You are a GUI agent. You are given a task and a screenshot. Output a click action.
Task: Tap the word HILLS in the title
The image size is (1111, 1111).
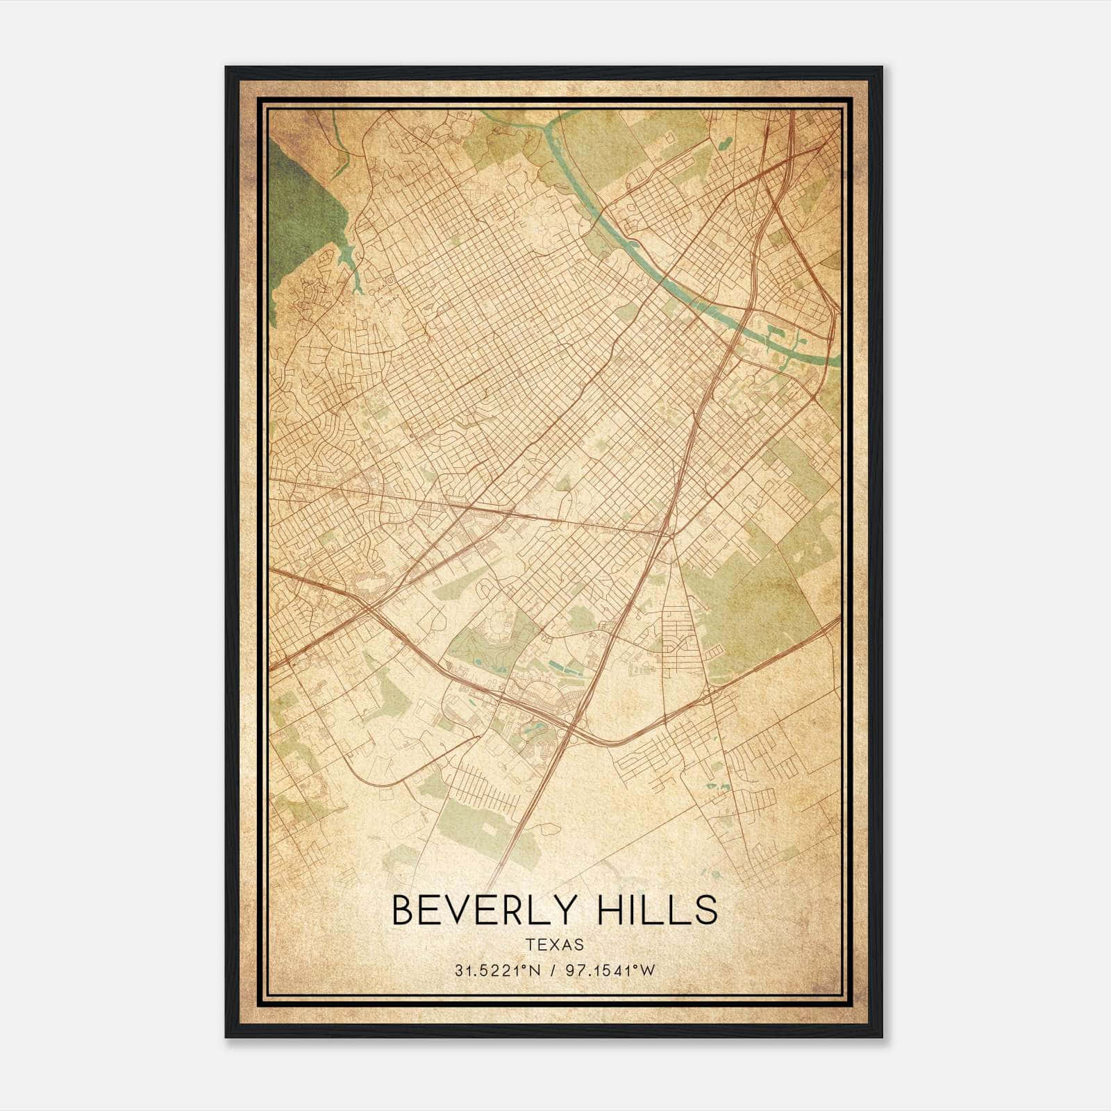[658, 910]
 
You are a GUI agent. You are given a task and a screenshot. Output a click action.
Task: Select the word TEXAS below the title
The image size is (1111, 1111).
[554, 944]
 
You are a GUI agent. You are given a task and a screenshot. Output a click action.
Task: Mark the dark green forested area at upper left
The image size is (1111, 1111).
[302, 208]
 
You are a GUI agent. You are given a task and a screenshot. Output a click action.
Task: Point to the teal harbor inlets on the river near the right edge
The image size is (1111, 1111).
[781, 340]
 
